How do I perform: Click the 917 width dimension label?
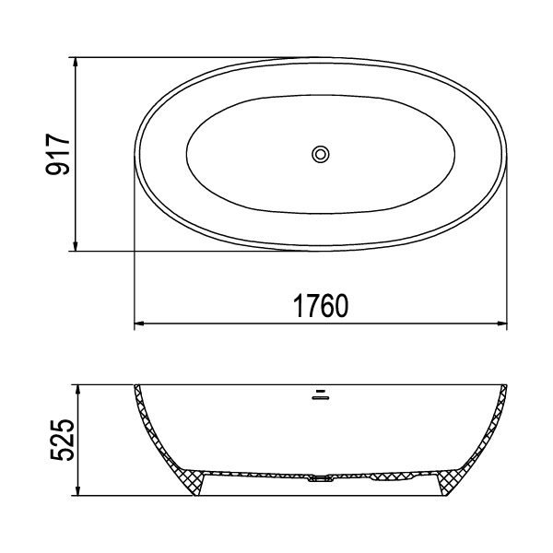click(x=58, y=154)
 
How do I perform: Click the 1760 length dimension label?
click(x=321, y=305)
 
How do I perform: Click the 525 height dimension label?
click(x=63, y=440)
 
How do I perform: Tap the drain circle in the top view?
click(x=321, y=154)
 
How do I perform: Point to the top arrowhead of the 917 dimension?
click(x=75, y=62)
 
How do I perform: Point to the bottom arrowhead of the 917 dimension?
click(x=75, y=246)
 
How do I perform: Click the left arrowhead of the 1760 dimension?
click(x=140, y=324)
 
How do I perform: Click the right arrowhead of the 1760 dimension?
click(x=502, y=324)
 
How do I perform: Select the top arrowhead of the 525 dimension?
click(x=78, y=390)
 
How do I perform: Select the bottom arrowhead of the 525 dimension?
click(x=78, y=490)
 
